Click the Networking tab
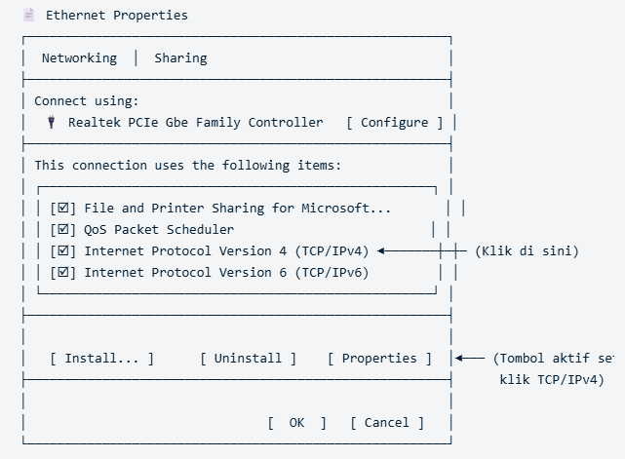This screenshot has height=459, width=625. pyautogui.click(x=79, y=58)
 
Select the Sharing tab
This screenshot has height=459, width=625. pyautogui.click(x=180, y=58)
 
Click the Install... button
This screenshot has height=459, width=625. pyautogui.click(x=101, y=359)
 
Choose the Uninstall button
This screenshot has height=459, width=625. pyautogui.click(x=248, y=359)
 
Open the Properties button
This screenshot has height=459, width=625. pyautogui.click(x=379, y=359)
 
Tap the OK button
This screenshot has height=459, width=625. pyautogui.click(x=297, y=423)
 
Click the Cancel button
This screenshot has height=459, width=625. pyautogui.click(x=387, y=423)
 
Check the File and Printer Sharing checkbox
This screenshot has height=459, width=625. pyautogui.click(x=63, y=208)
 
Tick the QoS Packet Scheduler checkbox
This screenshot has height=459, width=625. pyautogui.click(x=63, y=230)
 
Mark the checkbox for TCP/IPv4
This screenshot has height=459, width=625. pyautogui.click(x=63, y=251)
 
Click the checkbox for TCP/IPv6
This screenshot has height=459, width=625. pyautogui.click(x=63, y=273)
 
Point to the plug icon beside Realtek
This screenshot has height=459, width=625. pyautogui.click(x=51, y=122)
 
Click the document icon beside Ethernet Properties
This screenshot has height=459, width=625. pyautogui.click(x=28, y=16)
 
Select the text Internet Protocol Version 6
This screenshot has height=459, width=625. pyautogui.click(x=185, y=273)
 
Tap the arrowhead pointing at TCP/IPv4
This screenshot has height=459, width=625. pyautogui.click(x=381, y=251)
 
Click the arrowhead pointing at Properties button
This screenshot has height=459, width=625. pyautogui.click(x=459, y=359)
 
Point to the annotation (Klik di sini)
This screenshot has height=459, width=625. pyautogui.click(x=527, y=251)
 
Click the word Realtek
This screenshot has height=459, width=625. pyautogui.click(x=94, y=123)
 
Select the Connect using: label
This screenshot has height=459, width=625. pyautogui.click(x=86, y=100)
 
